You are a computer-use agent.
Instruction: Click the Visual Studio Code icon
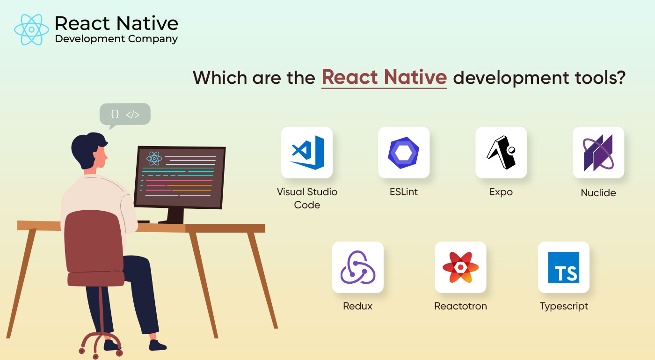pos(307,152)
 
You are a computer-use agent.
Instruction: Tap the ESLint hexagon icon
pos(403,153)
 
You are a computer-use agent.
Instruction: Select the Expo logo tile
pos(501,153)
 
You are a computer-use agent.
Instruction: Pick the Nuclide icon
pos(598,153)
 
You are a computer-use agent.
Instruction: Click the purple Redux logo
pos(358,267)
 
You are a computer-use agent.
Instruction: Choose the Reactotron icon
pos(460,267)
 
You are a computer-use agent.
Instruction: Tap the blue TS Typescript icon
pos(564,267)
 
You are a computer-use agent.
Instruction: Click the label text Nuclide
pos(598,192)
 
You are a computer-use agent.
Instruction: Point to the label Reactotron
pos(460,306)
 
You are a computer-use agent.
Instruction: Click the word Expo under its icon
pos(501,192)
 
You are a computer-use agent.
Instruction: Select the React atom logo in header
pos(31,29)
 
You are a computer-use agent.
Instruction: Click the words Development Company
pos(116,39)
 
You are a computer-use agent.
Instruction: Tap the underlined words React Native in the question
pos(384,77)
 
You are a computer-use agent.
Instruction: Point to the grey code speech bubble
pos(125,114)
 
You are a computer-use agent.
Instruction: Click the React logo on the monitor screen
pos(154,159)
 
